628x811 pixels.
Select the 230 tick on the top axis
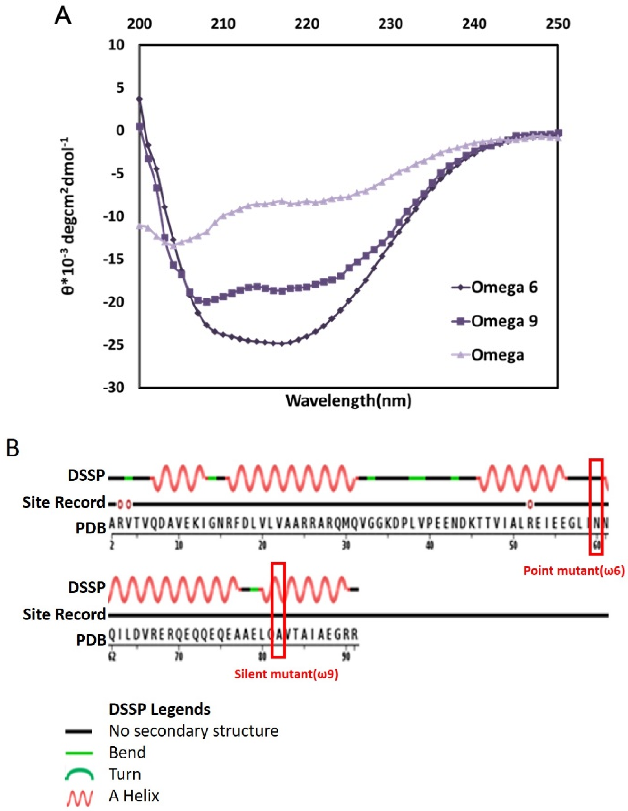[391, 24]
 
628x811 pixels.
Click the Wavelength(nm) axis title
[348, 400]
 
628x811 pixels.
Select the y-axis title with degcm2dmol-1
[68, 215]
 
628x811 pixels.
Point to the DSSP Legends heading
[159, 709]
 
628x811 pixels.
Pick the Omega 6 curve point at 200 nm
[140, 99]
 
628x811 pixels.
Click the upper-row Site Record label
[64, 502]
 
